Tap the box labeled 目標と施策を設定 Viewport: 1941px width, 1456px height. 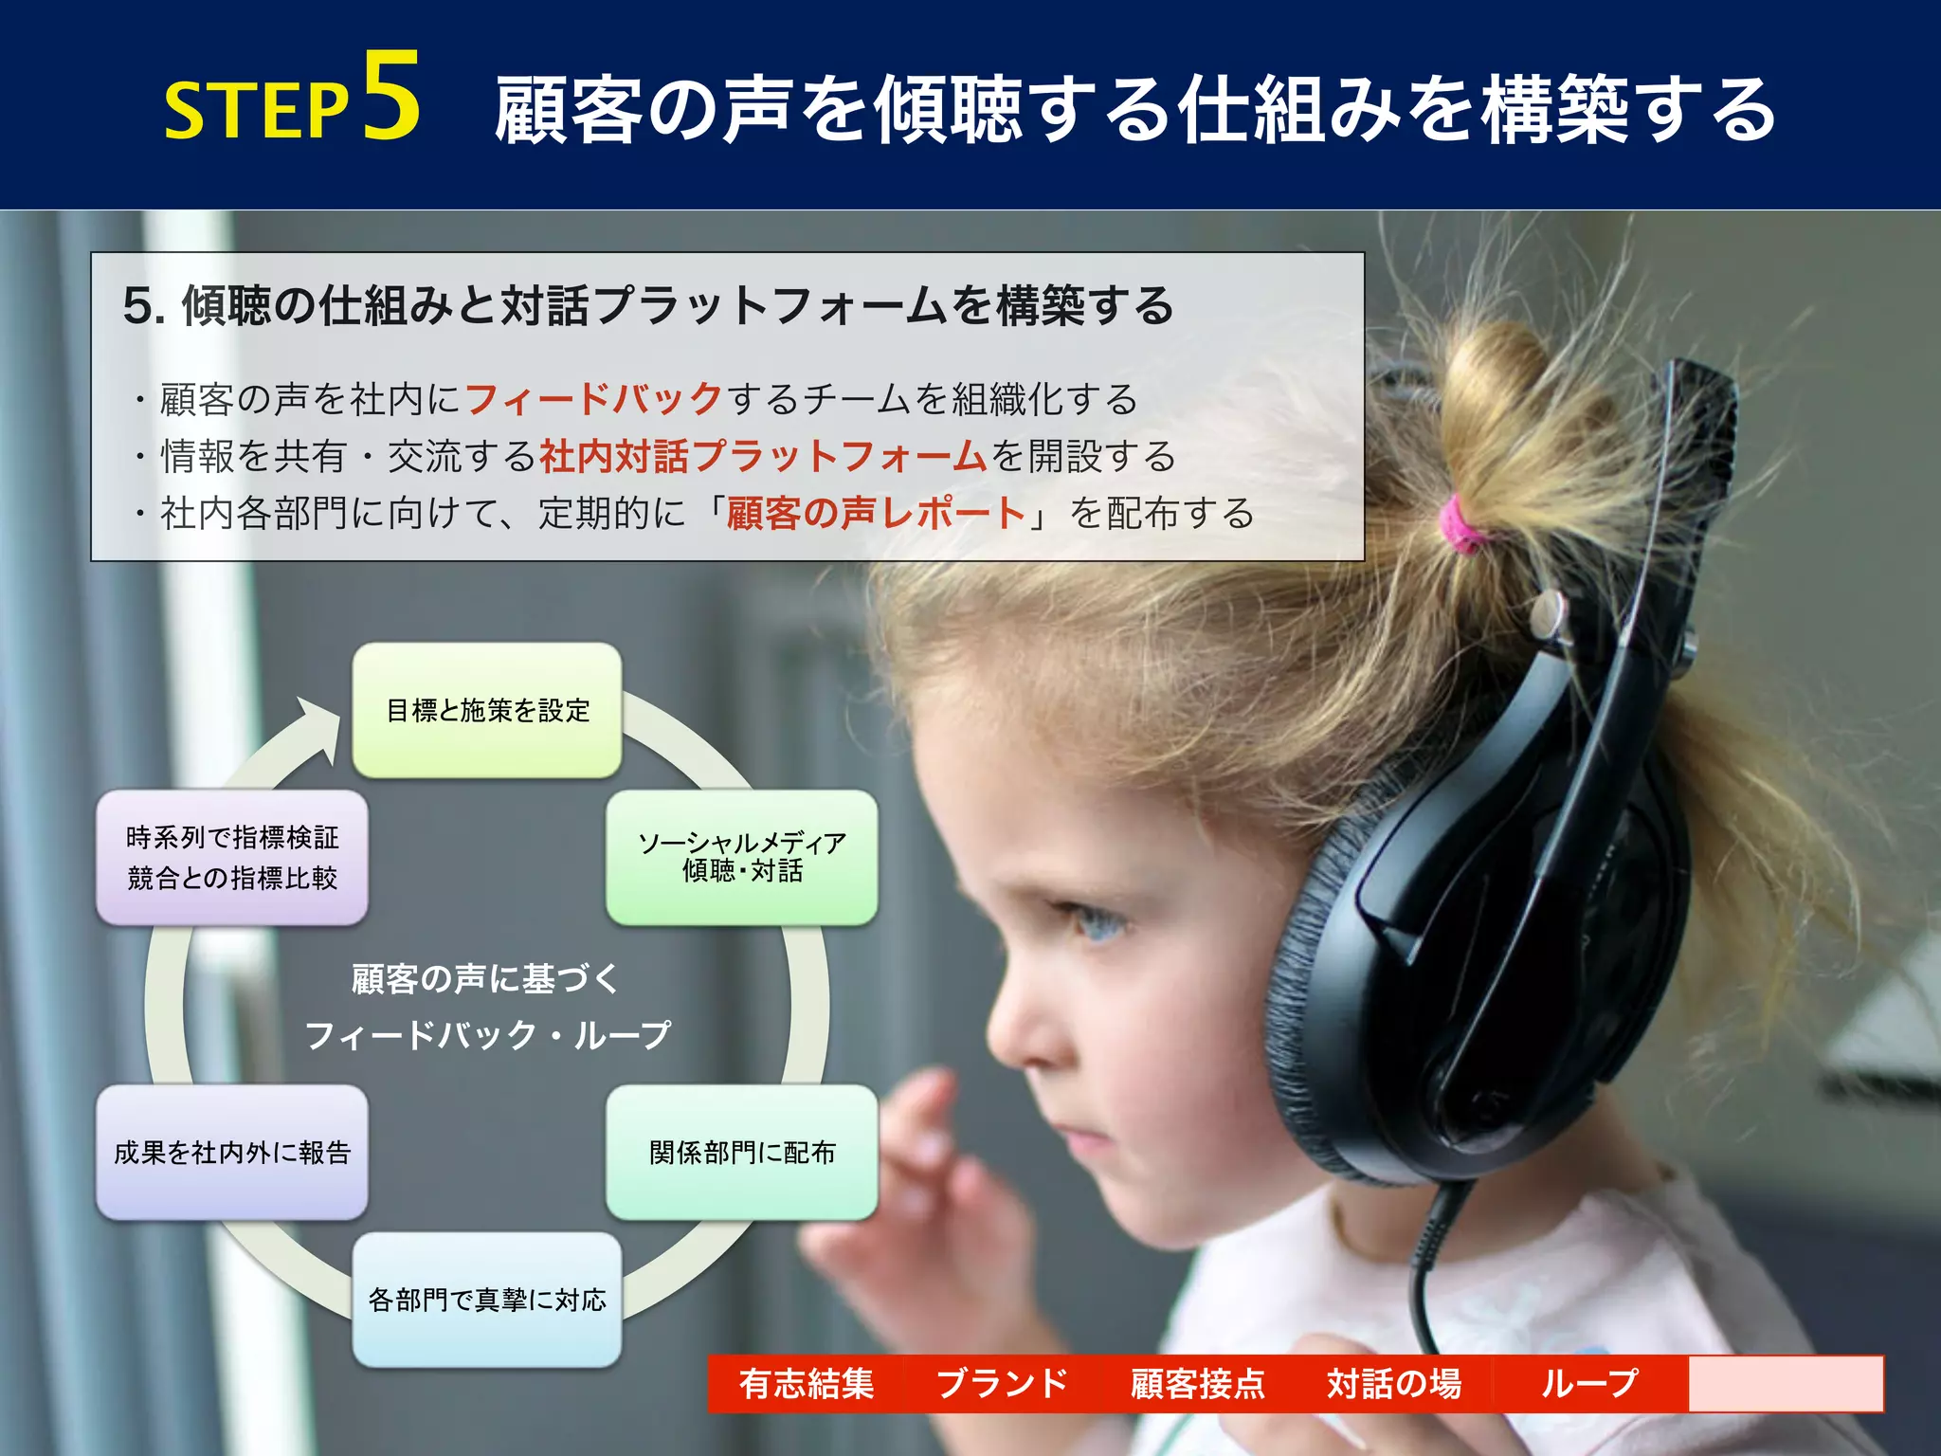(x=487, y=711)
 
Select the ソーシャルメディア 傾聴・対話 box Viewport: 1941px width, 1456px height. (x=741, y=857)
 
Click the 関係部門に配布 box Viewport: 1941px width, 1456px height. (x=741, y=1153)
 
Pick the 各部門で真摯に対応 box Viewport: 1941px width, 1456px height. (x=487, y=1300)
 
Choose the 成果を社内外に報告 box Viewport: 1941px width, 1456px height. (x=232, y=1153)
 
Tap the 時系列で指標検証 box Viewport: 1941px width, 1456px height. (x=232, y=857)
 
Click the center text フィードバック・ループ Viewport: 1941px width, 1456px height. (x=487, y=1035)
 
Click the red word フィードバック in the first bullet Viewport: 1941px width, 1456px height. (x=594, y=399)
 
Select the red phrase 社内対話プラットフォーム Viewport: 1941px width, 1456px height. (x=764, y=457)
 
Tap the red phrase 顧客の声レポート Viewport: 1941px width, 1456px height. (x=876, y=514)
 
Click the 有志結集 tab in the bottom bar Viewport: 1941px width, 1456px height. (x=807, y=1384)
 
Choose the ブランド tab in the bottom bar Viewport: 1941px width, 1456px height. (x=1002, y=1384)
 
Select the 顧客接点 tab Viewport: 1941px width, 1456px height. (x=1198, y=1384)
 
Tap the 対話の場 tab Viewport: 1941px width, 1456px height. (x=1394, y=1384)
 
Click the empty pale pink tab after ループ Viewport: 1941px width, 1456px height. (x=1785, y=1384)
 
